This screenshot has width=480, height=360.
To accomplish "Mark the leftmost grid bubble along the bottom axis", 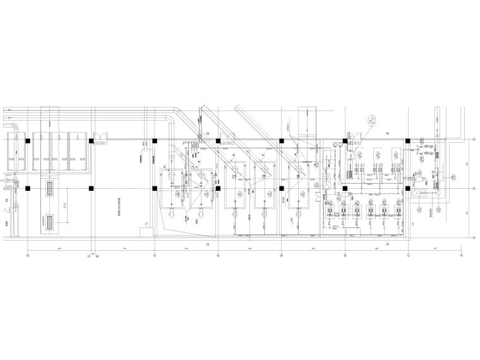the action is click(x=28, y=255).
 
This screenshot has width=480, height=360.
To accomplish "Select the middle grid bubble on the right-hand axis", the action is click(x=474, y=188).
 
